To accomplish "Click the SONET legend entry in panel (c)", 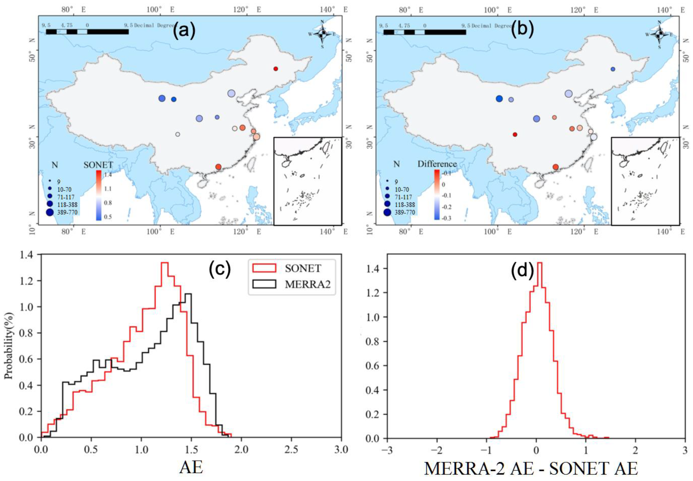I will [x=303, y=268].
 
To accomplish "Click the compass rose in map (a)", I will [x=322, y=34].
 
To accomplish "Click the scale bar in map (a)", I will [x=87, y=32].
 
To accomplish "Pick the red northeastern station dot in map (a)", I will [x=276, y=69].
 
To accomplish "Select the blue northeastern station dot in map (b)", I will [x=613, y=69].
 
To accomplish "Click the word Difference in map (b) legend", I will [x=437, y=164].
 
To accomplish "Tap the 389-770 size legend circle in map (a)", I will [x=50, y=212].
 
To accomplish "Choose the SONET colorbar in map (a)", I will [x=98, y=195].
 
